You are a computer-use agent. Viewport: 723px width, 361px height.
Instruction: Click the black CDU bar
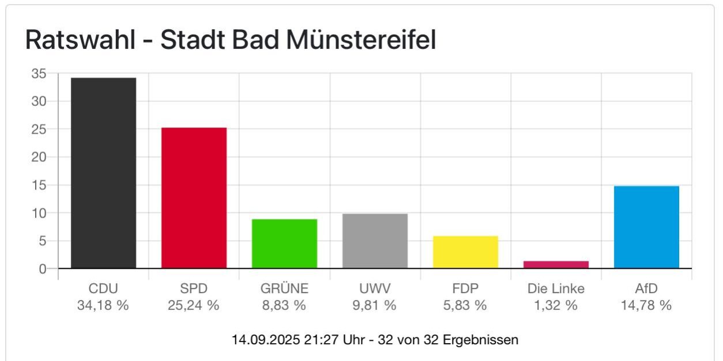click(103, 173)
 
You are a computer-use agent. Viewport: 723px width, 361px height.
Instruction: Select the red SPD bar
click(194, 197)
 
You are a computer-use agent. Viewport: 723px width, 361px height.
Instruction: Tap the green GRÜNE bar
click(284, 244)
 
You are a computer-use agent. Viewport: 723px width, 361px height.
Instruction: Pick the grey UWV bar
click(375, 241)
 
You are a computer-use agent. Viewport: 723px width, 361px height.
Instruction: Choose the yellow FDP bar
click(465, 252)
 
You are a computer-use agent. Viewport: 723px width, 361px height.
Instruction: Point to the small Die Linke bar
click(556, 265)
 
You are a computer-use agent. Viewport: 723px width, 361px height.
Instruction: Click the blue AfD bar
click(646, 227)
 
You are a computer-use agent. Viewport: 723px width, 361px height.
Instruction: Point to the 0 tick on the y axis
click(42, 269)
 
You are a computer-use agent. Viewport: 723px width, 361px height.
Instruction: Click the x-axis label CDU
click(103, 288)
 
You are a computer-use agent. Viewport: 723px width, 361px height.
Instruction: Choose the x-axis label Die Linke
click(556, 288)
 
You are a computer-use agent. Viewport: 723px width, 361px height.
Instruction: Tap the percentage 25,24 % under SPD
click(194, 305)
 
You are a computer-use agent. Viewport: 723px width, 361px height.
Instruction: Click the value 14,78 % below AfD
click(646, 305)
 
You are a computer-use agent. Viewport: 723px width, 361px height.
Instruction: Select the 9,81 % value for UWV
click(375, 305)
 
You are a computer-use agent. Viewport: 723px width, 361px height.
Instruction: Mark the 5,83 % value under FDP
click(465, 305)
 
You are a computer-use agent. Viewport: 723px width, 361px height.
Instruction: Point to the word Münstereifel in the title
click(361, 40)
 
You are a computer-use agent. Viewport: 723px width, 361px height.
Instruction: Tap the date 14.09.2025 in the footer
click(265, 340)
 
